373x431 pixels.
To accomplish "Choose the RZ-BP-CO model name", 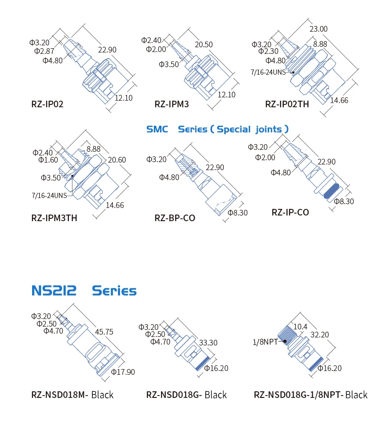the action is pos(175,218).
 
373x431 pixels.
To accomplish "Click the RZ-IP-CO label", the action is pos(290,212).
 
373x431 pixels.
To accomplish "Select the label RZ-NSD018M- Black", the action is pos(72,395).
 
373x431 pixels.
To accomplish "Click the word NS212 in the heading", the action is pos(54,290).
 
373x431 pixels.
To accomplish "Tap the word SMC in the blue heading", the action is pos(157,129).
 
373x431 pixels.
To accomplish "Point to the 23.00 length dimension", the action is pos(318,29).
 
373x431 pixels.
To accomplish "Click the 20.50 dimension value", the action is pos(203,44).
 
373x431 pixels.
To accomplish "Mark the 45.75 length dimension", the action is pos(104,332).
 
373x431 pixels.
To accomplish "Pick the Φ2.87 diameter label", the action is pos(44,51).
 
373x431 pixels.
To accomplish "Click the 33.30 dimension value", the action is pos(208,343).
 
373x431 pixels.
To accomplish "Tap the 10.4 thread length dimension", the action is pos(301,327).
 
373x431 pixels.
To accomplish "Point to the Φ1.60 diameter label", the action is pos(48,160).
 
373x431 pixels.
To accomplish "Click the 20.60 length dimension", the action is pos(117,160).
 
